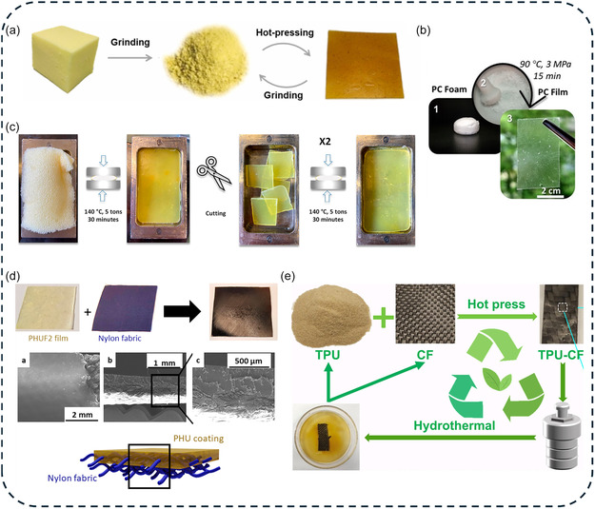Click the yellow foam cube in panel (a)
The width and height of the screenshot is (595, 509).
click(x=66, y=59)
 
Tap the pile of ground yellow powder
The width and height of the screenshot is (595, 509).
click(x=206, y=61)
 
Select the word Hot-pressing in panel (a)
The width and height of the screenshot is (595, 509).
click(x=285, y=32)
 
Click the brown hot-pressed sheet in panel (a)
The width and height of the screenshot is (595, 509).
click(x=365, y=66)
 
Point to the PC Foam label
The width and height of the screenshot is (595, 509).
click(x=449, y=89)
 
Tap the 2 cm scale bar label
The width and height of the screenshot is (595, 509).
click(x=550, y=190)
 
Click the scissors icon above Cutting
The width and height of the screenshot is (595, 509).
click(x=213, y=173)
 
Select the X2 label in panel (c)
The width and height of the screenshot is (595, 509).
click(x=325, y=142)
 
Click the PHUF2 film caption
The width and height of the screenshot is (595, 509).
click(x=49, y=338)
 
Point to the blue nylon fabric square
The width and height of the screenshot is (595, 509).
click(x=126, y=307)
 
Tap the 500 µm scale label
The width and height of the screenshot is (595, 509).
click(x=248, y=361)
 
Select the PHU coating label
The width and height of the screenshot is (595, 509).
click(x=198, y=439)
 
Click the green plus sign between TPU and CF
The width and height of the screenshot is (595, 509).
click(x=384, y=317)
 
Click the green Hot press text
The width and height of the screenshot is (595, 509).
click(x=496, y=304)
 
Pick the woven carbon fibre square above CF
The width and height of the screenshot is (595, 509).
click(x=426, y=314)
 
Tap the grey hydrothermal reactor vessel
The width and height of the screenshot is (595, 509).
click(x=563, y=437)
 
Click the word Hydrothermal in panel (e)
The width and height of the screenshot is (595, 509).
click(x=454, y=425)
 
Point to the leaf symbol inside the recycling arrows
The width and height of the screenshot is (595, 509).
click(x=497, y=378)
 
